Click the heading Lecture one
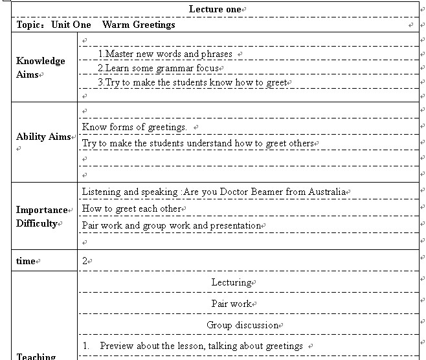(215, 9)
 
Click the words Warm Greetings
(139, 25)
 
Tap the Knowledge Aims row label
(40, 67)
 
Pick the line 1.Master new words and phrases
(165, 54)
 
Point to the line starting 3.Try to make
(192, 82)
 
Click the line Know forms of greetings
(135, 127)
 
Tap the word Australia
(326, 192)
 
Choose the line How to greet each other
(132, 208)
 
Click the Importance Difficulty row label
(41, 216)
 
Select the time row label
(26, 261)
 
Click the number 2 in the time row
(85, 260)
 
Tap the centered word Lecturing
(231, 282)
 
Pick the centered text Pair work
(231, 304)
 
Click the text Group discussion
(243, 324)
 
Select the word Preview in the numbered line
(117, 346)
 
